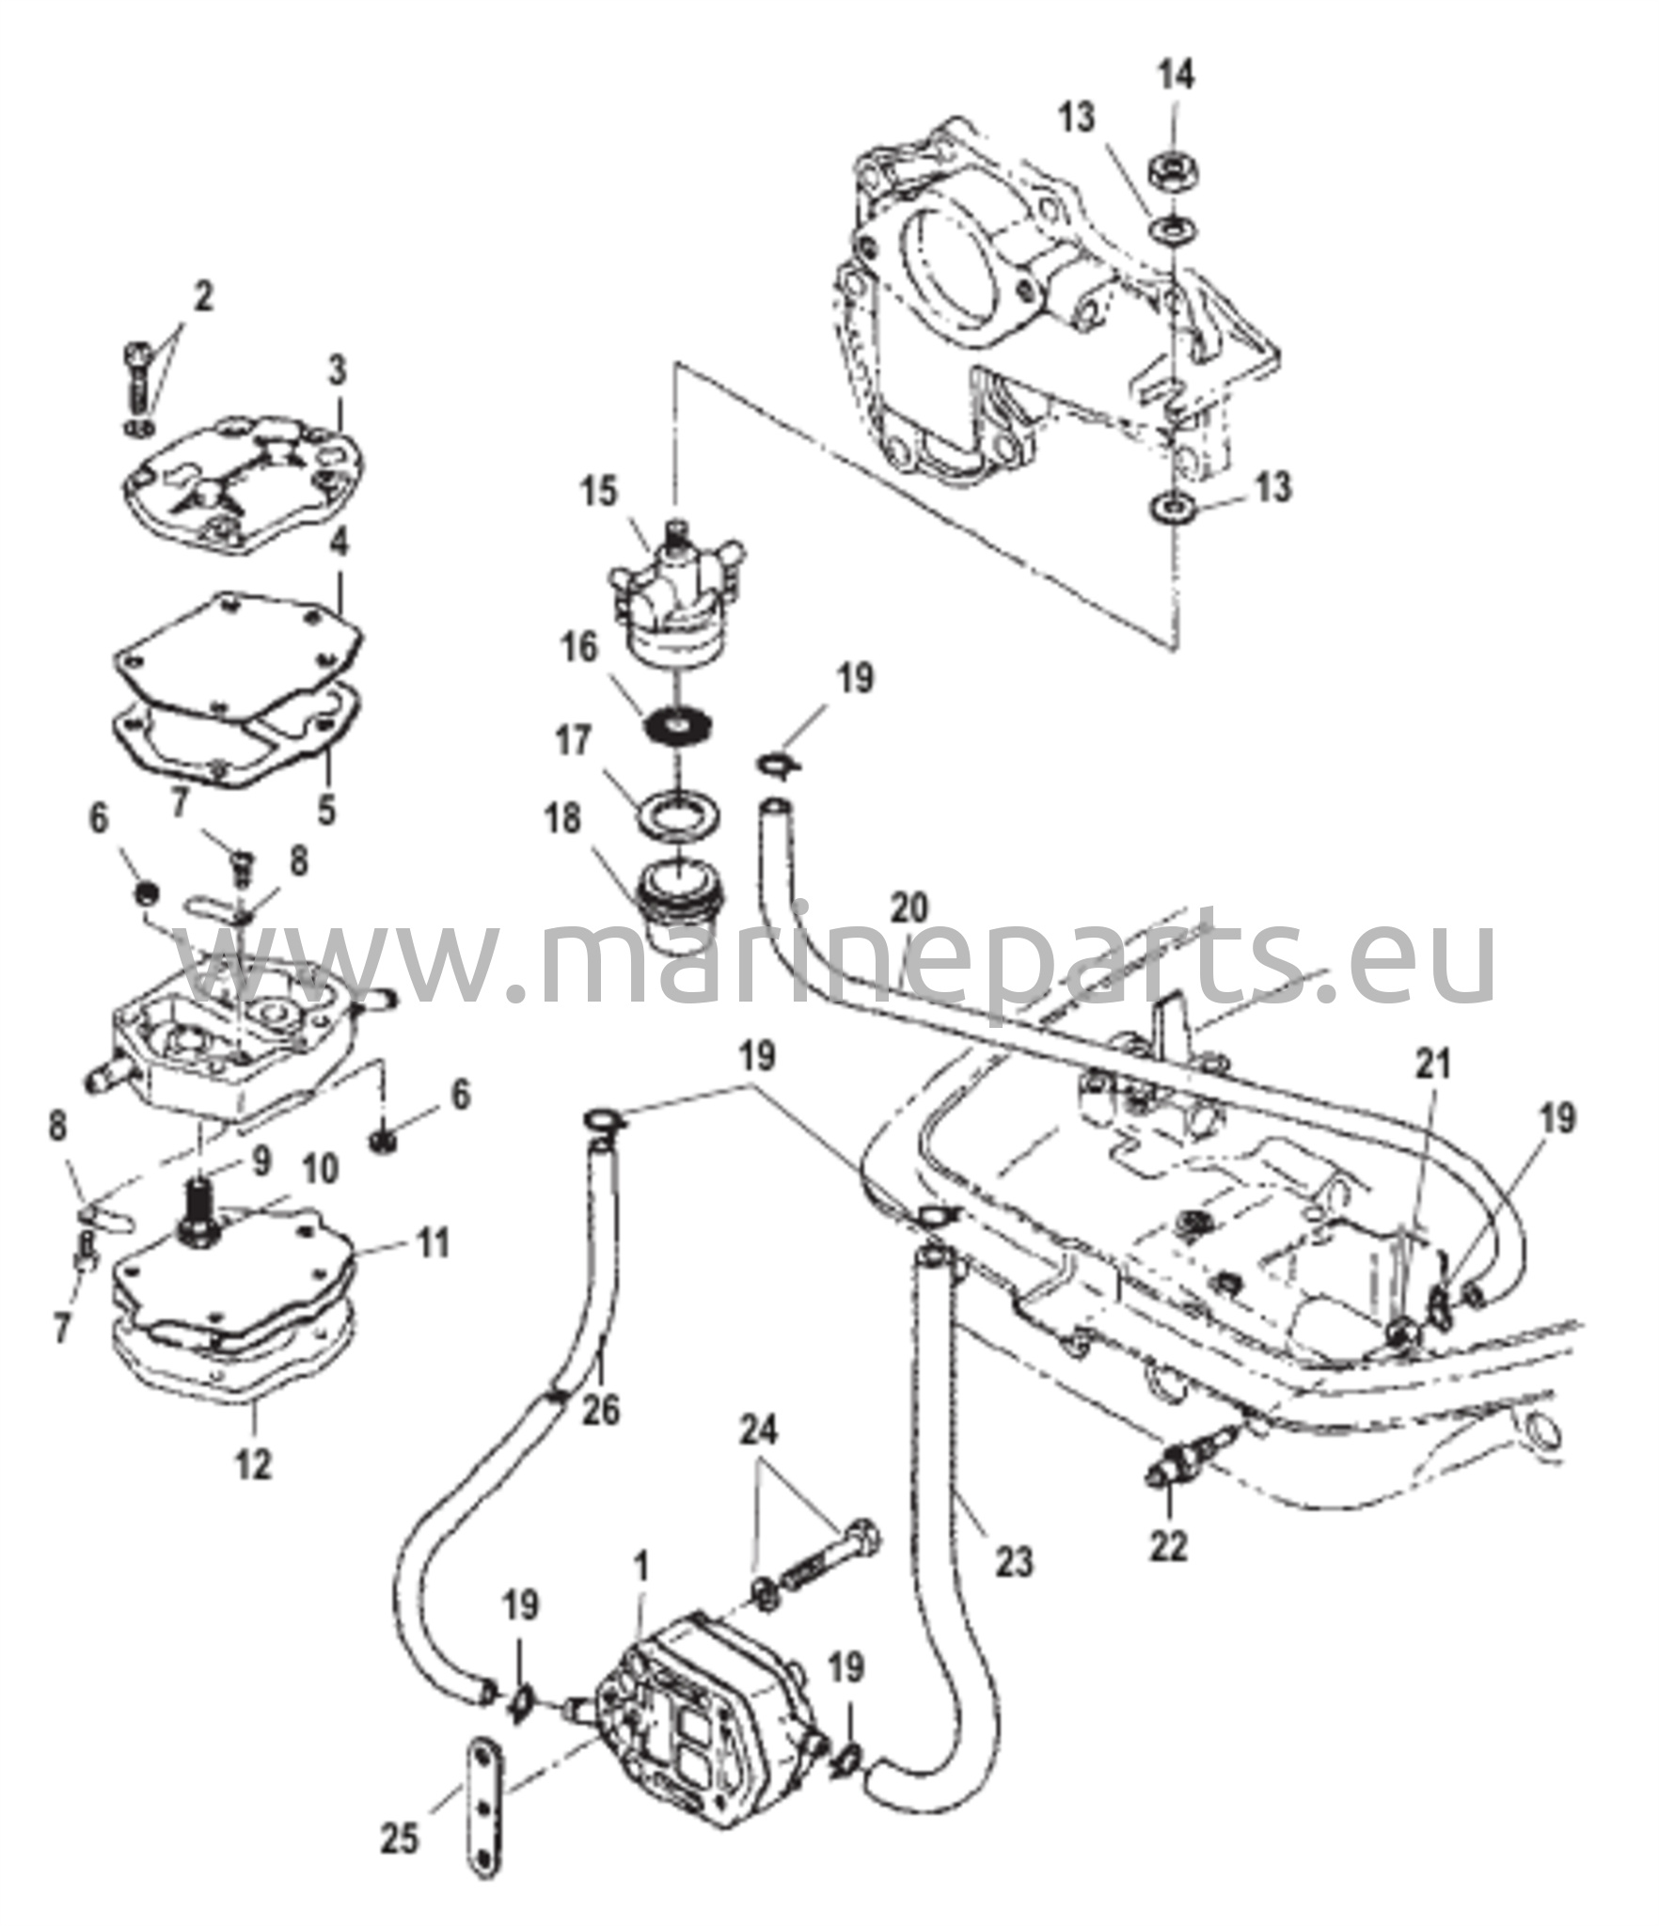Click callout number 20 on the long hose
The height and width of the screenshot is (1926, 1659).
tap(908, 908)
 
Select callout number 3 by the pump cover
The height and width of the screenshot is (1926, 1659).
tap(337, 371)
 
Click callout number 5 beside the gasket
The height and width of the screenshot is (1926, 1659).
tap(326, 809)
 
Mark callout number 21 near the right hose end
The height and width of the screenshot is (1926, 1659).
tap(1433, 1065)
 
